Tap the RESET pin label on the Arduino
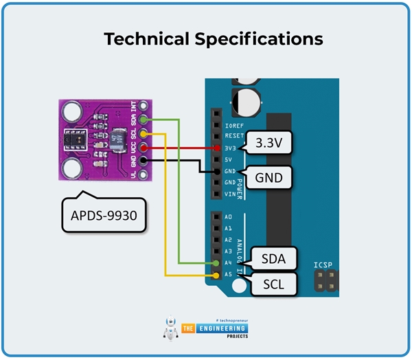233,137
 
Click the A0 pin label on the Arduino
229,216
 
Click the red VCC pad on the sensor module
143,147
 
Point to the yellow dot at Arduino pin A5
217,275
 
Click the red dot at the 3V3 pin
217,148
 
